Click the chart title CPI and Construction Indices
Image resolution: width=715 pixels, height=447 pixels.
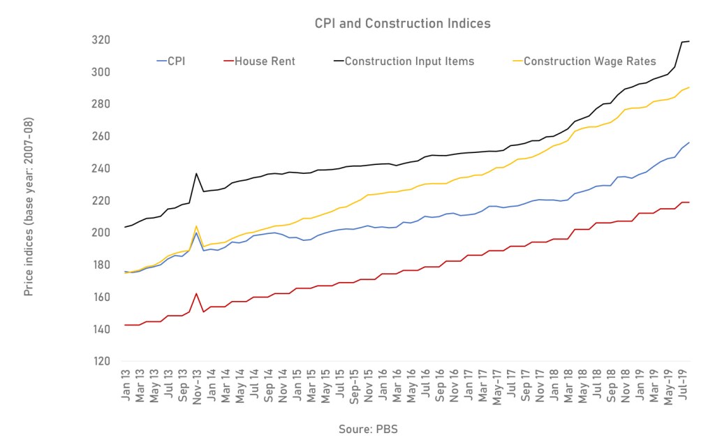pyautogui.click(x=401, y=24)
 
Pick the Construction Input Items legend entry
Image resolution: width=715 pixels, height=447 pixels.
pyautogui.click(x=409, y=61)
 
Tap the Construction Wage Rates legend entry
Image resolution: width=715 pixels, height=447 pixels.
pyautogui.click(x=590, y=61)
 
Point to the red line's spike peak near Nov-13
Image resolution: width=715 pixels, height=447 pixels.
pyautogui.click(x=196, y=293)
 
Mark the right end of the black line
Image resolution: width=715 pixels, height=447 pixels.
pyautogui.click(x=689, y=41)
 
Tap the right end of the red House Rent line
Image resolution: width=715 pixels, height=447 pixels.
pyautogui.click(x=689, y=203)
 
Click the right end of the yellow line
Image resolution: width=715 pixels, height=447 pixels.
pyautogui.click(x=689, y=87)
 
